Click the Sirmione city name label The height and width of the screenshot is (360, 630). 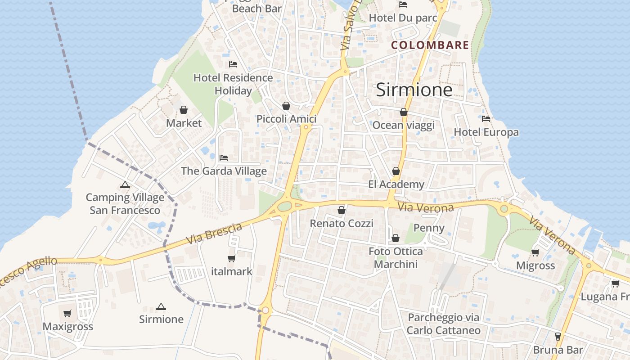tap(414, 90)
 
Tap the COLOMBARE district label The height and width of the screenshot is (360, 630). tap(430, 45)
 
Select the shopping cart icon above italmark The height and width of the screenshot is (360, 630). tap(232, 258)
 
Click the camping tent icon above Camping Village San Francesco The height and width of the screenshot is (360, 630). tap(125, 184)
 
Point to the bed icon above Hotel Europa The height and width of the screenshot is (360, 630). tap(486, 119)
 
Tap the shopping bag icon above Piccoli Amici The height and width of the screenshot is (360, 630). tap(286, 106)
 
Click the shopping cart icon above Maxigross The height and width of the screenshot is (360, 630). tap(67, 313)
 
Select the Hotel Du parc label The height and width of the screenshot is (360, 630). tap(403, 18)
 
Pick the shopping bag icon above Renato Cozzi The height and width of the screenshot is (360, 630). tap(342, 210)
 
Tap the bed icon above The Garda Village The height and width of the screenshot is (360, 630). tap(224, 158)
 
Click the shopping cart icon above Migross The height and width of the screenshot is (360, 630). tap(535, 252)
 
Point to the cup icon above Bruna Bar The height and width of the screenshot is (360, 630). tap(558, 336)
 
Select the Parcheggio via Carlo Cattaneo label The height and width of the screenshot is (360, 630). tap(444, 324)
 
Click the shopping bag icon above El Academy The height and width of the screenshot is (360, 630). tap(396, 171)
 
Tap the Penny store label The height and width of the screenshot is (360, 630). tap(429, 228)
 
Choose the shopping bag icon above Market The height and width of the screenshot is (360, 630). tap(184, 110)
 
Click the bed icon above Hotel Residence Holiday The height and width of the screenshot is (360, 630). tap(233, 64)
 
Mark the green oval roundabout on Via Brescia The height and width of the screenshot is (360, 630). tap(284, 207)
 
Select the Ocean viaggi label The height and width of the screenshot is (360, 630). tap(404, 125)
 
